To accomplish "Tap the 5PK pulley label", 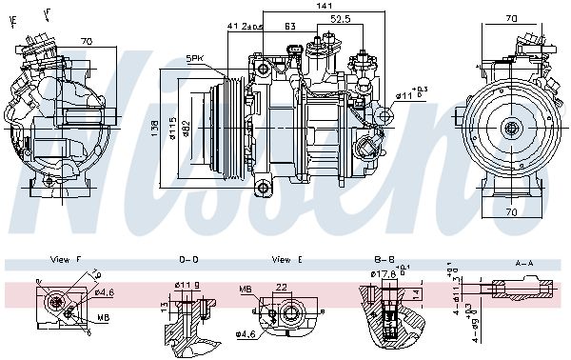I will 196,58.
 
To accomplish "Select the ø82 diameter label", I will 188,127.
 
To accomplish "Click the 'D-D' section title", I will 188,259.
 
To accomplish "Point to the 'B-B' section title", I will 384,259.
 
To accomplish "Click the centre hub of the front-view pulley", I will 511,128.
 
